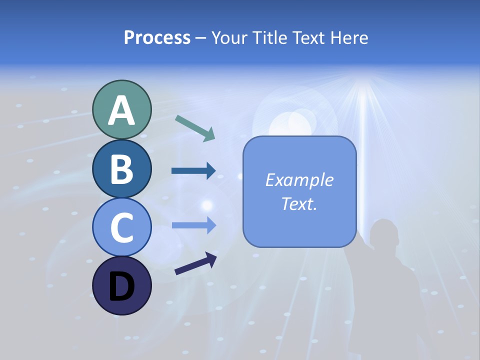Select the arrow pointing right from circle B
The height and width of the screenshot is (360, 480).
point(193,171)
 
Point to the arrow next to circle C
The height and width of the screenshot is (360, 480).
point(193,225)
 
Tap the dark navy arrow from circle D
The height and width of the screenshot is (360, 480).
point(195,264)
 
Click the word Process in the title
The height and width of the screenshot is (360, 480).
point(157,37)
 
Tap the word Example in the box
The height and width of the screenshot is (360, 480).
point(299,180)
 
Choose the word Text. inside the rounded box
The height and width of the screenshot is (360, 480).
point(299,203)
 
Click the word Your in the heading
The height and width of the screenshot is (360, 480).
point(229,38)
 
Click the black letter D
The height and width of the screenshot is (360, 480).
point(121,287)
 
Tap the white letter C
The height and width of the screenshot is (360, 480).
point(121,228)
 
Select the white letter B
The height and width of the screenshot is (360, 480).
point(121,169)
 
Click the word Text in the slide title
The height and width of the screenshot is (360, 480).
point(308,38)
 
